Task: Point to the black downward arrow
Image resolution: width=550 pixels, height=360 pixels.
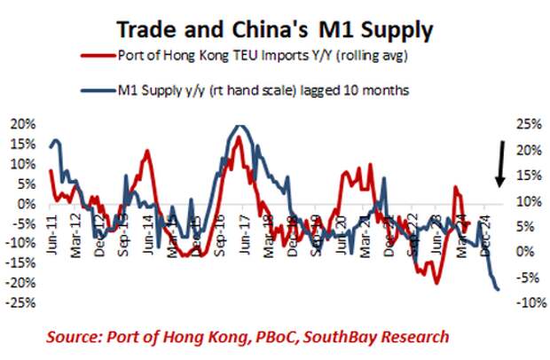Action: (500, 163)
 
